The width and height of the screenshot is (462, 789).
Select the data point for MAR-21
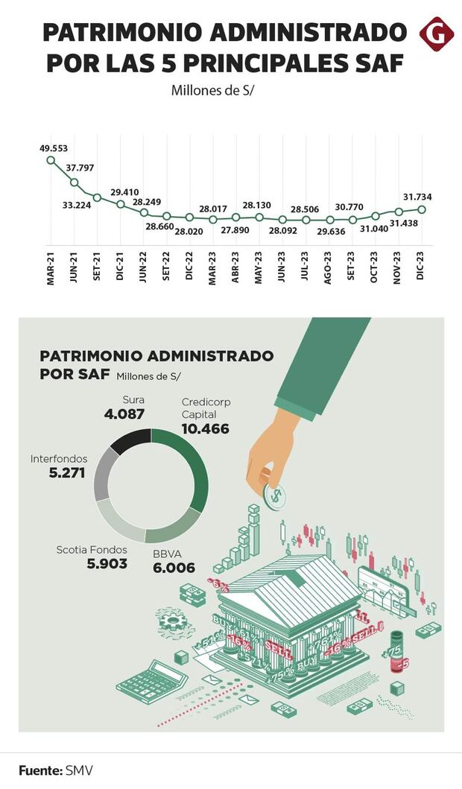(51, 159)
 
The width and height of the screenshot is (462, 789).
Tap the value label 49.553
(54, 148)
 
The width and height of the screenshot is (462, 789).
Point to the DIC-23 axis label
(422, 263)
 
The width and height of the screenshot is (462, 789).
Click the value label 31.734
(417, 197)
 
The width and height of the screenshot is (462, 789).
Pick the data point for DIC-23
(422, 209)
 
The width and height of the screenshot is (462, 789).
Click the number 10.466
(205, 429)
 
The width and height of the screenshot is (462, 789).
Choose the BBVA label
(167, 554)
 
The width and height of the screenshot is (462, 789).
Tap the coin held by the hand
(273, 494)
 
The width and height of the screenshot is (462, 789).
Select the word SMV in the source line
(79, 770)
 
